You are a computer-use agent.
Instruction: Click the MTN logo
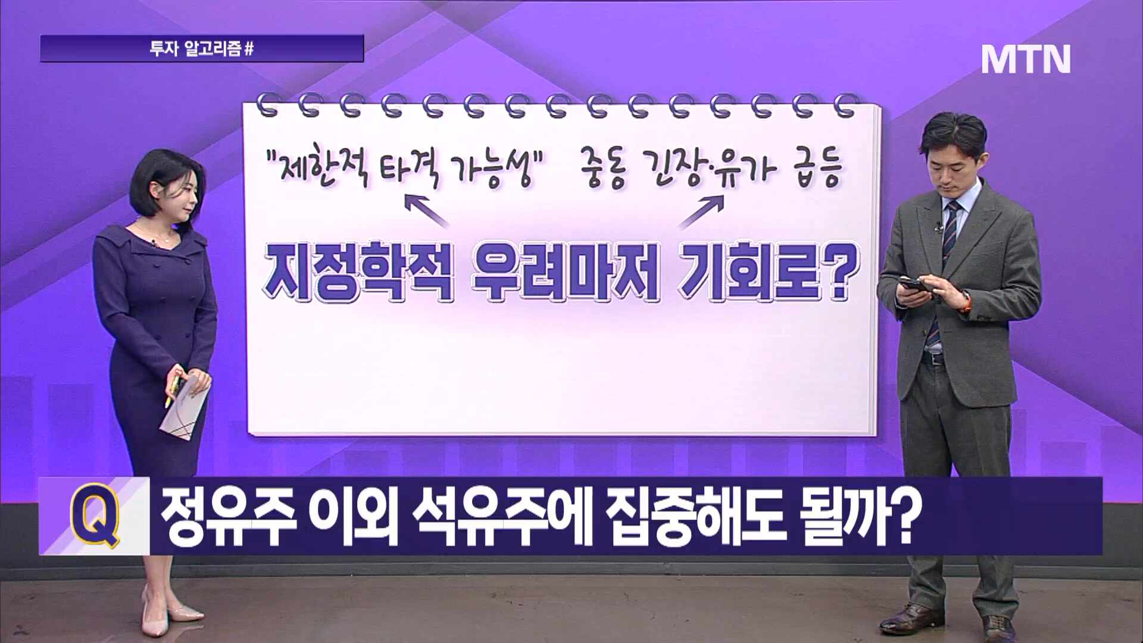[x=1025, y=59]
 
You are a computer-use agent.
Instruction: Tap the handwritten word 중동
[x=605, y=170]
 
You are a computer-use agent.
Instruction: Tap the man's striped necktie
[x=947, y=262]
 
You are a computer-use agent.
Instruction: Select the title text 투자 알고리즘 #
[x=202, y=49]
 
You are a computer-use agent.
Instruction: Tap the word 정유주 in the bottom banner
[x=229, y=516]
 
